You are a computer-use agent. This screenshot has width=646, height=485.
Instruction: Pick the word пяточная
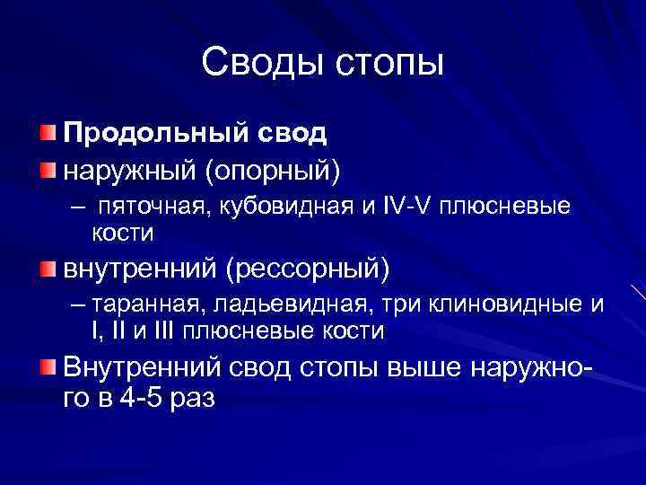151,207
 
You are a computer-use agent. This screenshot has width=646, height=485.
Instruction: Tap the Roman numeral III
161,331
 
